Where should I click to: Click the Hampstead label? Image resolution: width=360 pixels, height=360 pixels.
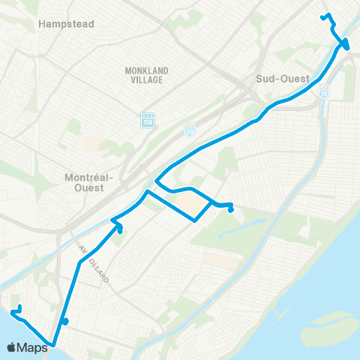coord(66,24)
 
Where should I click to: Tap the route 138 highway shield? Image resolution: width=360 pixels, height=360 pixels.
coord(145,120)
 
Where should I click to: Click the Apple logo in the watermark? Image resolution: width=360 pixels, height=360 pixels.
coord(12,347)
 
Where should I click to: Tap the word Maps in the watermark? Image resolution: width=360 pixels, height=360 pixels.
coord(32,347)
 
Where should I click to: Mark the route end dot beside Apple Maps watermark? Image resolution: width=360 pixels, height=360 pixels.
coord(16,308)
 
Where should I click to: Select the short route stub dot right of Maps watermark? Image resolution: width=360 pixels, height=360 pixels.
coord(66,322)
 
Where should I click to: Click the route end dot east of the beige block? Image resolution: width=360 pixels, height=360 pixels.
coord(231,209)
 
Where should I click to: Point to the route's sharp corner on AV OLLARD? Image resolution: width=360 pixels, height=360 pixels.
coord(79,262)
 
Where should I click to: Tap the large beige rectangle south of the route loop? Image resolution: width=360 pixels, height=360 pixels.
coord(218,262)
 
